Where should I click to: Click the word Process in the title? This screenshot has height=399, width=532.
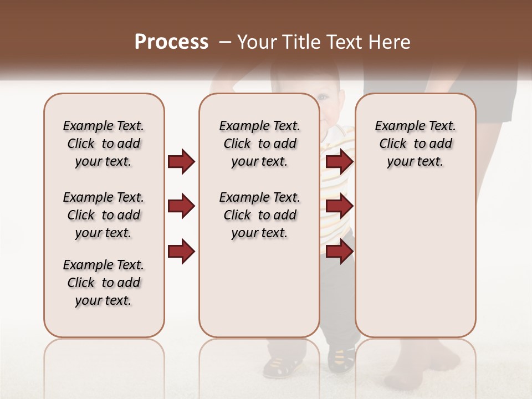pyautogui.click(x=171, y=42)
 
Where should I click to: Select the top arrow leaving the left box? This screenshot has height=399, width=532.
pyautogui.click(x=181, y=162)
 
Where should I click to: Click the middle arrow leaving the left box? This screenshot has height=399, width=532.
pyautogui.click(x=181, y=207)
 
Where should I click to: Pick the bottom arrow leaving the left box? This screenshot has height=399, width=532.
pyautogui.click(x=181, y=251)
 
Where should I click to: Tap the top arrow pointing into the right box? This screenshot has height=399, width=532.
pyautogui.click(x=339, y=162)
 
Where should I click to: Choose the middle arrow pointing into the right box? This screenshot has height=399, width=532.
pyautogui.click(x=339, y=207)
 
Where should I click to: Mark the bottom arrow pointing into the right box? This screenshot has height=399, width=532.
pyautogui.click(x=339, y=251)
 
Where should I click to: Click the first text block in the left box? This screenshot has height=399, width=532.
pyautogui.click(x=104, y=144)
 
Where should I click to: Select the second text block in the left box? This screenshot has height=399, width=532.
pyautogui.click(x=104, y=215)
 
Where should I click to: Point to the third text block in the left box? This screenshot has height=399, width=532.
pyautogui.click(x=104, y=283)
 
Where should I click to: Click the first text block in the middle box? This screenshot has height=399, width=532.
pyautogui.click(x=259, y=144)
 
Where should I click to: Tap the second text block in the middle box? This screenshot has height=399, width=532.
pyautogui.click(x=259, y=215)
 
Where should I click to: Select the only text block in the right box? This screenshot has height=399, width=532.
pyautogui.click(x=415, y=144)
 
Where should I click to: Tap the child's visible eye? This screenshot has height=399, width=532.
pyautogui.click(x=324, y=98)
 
